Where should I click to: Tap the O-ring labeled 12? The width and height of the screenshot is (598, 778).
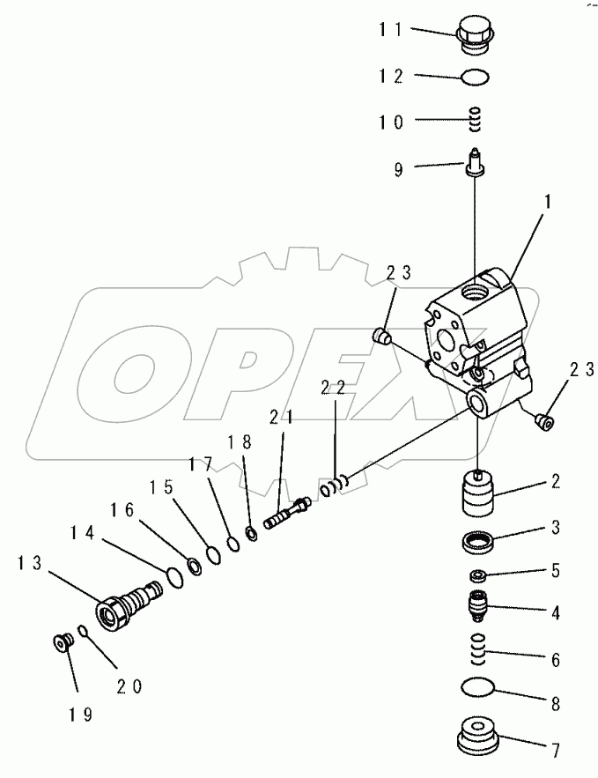tap(476, 78)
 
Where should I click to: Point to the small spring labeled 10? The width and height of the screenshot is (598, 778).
tap(476, 117)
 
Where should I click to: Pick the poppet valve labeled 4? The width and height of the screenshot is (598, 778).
tap(478, 606)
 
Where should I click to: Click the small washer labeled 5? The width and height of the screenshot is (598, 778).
tap(479, 575)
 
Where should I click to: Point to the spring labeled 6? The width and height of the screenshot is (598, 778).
tap(477, 651)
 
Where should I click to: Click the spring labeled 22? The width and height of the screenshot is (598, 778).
tap(336, 484)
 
